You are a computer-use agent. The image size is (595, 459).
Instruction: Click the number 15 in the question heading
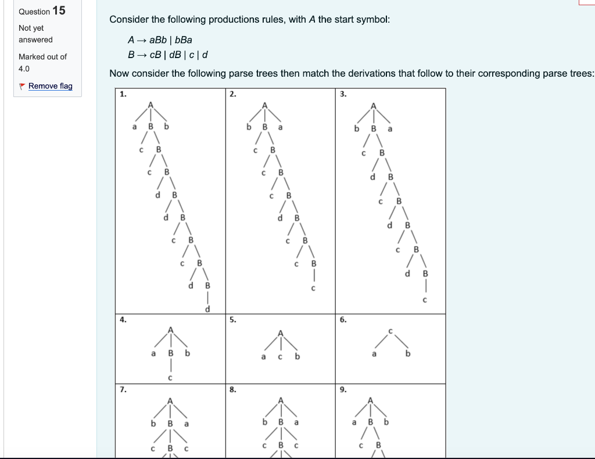59,10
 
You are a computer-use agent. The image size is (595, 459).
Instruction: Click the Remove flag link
50,86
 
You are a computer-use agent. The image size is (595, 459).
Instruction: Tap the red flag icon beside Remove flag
22,86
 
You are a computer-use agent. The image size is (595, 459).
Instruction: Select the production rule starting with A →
160,40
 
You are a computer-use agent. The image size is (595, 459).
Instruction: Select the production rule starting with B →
167,55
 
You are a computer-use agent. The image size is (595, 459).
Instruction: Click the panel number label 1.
122,94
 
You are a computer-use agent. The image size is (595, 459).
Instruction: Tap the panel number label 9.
343,390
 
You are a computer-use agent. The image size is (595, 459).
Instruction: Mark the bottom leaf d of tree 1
207,310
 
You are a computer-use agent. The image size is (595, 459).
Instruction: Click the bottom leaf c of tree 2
313,288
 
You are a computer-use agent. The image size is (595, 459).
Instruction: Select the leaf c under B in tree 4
170,378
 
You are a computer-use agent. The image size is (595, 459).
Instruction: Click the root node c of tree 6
392,331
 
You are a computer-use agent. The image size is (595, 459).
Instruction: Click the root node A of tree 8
281,400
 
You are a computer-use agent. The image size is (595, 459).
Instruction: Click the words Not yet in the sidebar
31,28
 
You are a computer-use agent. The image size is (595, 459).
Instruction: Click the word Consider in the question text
128,20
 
